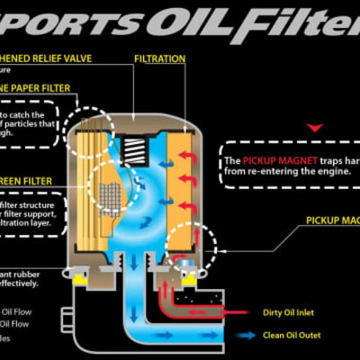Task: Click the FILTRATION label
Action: (x=159, y=58)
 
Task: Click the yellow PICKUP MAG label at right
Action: (x=333, y=219)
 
